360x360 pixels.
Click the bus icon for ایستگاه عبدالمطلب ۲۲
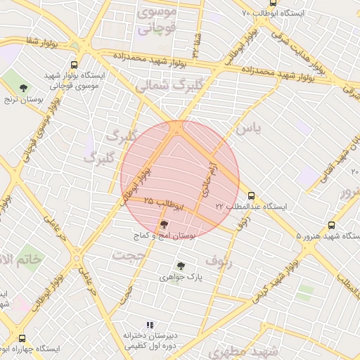tap(251, 196)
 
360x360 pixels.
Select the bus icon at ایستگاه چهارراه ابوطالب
tap(22, 338)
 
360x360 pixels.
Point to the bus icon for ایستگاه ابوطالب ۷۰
tap(273, 3)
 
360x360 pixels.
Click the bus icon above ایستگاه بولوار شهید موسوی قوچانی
tap(85, 64)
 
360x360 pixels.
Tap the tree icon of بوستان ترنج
tap(24, 88)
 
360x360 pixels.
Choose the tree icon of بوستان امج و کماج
tap(165, 224)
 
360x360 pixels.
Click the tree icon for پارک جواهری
tap(181, 266)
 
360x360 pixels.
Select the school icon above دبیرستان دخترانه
tap(149, 325)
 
